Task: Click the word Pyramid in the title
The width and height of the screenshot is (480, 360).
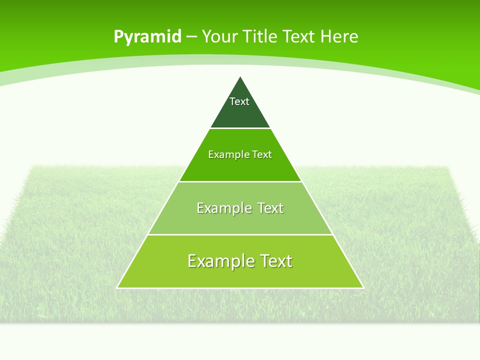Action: [147, 36]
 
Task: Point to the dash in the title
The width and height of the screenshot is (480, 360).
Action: [192, 37]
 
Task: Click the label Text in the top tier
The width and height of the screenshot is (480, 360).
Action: [239, 101]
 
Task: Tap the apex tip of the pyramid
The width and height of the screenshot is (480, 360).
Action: [240, 77]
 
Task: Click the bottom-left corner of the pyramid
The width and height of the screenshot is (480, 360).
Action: [117, 287]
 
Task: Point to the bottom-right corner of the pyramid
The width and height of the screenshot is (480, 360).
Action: [363, 287]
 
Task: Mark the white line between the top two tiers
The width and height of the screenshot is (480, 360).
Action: [240, 128]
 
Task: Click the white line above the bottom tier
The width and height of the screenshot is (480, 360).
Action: [240, 234]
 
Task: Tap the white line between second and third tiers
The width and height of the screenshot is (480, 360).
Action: [240, 181]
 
